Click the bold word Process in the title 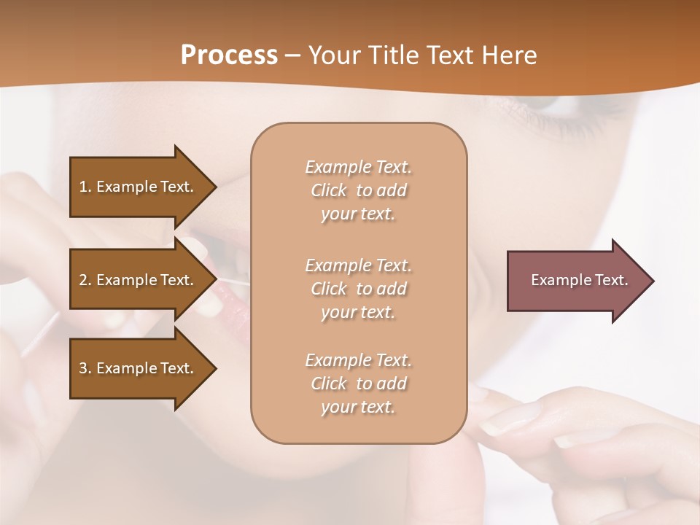pos(229,55)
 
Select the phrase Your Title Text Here pos(422,55)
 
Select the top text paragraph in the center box pos(358,190)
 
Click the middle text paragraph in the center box pos(358,289)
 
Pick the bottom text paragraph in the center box pos(358,384)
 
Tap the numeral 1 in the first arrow pos(83,187)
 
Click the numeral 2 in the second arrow pos(83,280)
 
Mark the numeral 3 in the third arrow pos(83,368)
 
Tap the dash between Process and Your pos(292,55)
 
